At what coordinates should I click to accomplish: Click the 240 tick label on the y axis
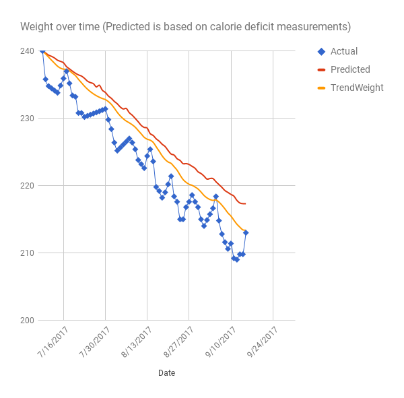pos(28,51)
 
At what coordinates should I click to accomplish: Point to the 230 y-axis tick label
pos(28,118)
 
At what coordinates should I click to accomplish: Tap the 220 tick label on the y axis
pos(28,185)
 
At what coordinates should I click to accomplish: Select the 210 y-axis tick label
pos(28,253)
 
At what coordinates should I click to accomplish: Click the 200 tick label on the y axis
pos(28,320)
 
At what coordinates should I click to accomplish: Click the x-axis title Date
pos(167,372)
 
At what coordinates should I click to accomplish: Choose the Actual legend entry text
pos(344,51)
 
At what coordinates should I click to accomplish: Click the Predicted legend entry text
pos(350,69)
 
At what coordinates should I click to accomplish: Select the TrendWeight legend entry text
pos(357,88)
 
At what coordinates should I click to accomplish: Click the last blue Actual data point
pos(246,232)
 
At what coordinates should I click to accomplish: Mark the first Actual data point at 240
pos(42,51)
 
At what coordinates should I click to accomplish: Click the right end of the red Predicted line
pos(245,203)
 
